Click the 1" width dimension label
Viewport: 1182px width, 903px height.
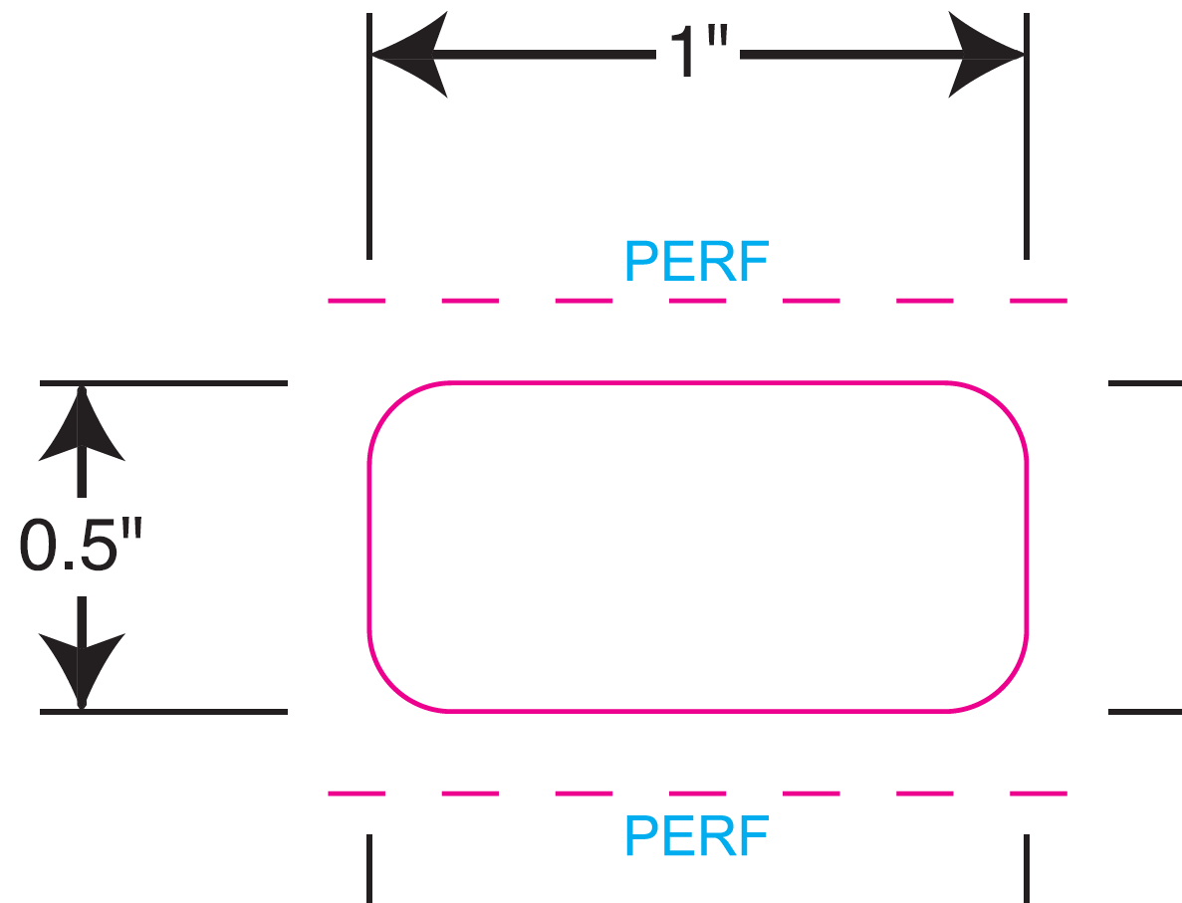[x=697, y=52]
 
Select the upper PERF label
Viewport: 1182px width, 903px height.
[x=696, y=262]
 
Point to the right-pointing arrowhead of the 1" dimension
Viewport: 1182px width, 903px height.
[x=985, y=56]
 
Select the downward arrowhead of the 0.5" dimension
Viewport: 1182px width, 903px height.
[x=82, y=667]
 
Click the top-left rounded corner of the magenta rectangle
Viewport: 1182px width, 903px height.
[x=393, y=406]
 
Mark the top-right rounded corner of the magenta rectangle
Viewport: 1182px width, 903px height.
[x=1003, y=406]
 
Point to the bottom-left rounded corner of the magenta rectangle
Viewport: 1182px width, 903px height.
[x=393, y=688]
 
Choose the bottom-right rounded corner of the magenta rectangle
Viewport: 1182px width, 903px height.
[x=1003, y=688]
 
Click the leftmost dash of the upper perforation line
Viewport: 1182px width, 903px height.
[x=355, y=300]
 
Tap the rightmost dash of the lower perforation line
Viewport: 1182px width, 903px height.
[x=1039, y=793]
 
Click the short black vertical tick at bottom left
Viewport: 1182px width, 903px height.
[x=369, y=868]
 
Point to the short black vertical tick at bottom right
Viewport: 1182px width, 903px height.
[x=1026, y=868]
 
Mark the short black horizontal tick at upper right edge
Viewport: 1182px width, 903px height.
[x=1144, y=383]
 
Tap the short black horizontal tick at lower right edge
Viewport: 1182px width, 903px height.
[x=1144, y=712]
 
